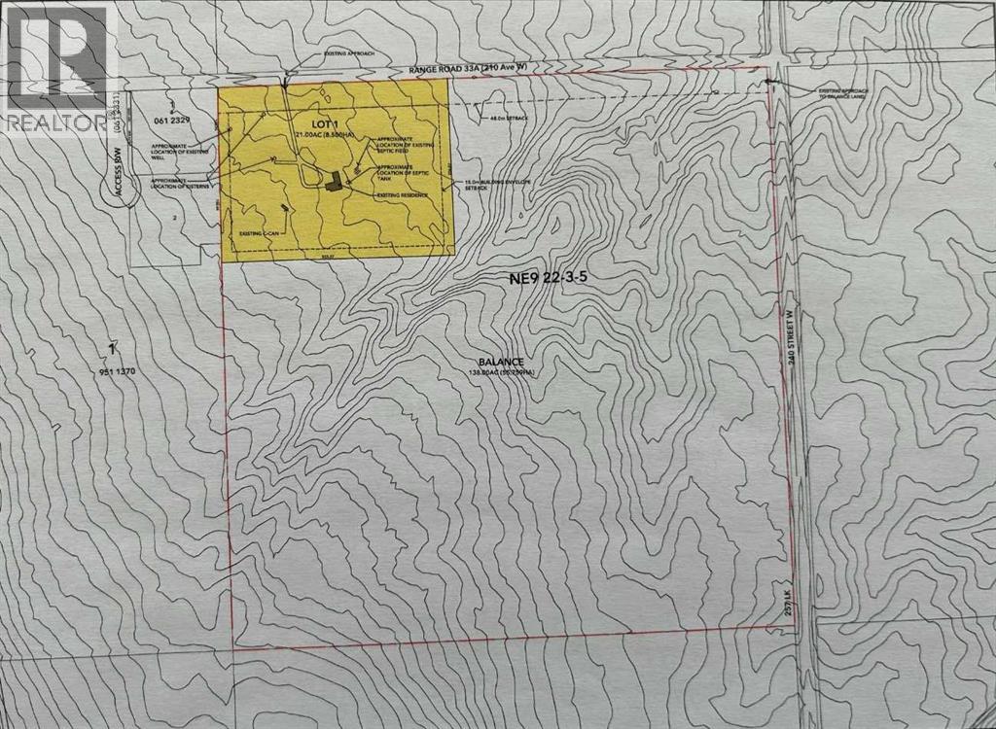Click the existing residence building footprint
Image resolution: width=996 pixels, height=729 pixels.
click(x=334, y=181)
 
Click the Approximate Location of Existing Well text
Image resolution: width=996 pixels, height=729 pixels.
click(x=178, y=150)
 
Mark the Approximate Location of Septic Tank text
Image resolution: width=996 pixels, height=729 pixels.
click(x=400, y=172)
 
